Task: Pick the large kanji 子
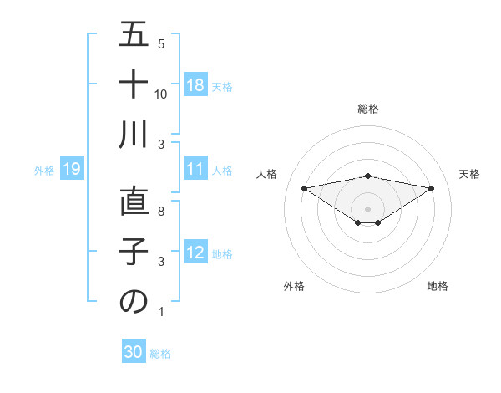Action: point(134,253)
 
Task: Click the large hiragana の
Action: point(134,303)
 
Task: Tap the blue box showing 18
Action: point(195,85)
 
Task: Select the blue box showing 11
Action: point(195,170)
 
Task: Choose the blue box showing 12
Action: point(195,253)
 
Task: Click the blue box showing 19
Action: point(71,170)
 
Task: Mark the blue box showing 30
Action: point(134,352)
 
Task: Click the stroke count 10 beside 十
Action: point(161,94)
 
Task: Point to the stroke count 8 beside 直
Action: point(161,212)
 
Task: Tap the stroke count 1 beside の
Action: point(161,312)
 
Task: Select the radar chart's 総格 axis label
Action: point(368,109)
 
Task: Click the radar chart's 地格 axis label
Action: point(438,286)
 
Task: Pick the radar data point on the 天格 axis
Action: point(432,187)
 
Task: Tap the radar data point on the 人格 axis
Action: point(304,187)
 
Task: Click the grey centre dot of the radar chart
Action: point(367,208)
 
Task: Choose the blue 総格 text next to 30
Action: point(161,354)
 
